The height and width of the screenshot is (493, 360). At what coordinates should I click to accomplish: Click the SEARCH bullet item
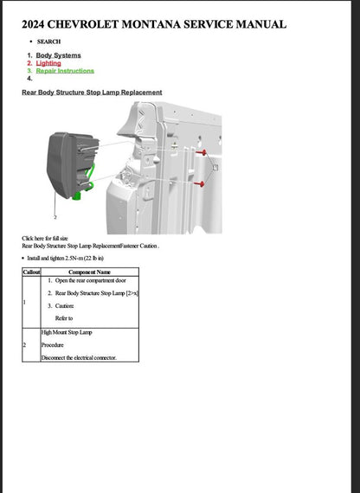point(49,41)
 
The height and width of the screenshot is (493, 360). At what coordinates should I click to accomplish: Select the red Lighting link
point(48,63)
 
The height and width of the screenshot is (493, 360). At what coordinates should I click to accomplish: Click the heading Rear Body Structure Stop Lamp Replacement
point(92,93)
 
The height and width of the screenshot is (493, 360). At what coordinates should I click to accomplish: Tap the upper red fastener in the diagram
point(202,152)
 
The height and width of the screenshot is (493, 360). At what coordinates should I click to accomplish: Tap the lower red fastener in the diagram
point(202,184)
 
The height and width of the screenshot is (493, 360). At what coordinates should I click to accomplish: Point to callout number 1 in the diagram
point(215,163)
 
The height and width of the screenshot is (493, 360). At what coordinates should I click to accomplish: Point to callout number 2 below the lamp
point(55,218)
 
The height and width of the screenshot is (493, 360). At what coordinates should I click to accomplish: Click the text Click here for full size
point(45,238)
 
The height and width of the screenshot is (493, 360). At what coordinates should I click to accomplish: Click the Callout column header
point(31,272)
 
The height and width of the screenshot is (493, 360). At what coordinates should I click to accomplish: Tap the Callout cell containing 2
point(31,344)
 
